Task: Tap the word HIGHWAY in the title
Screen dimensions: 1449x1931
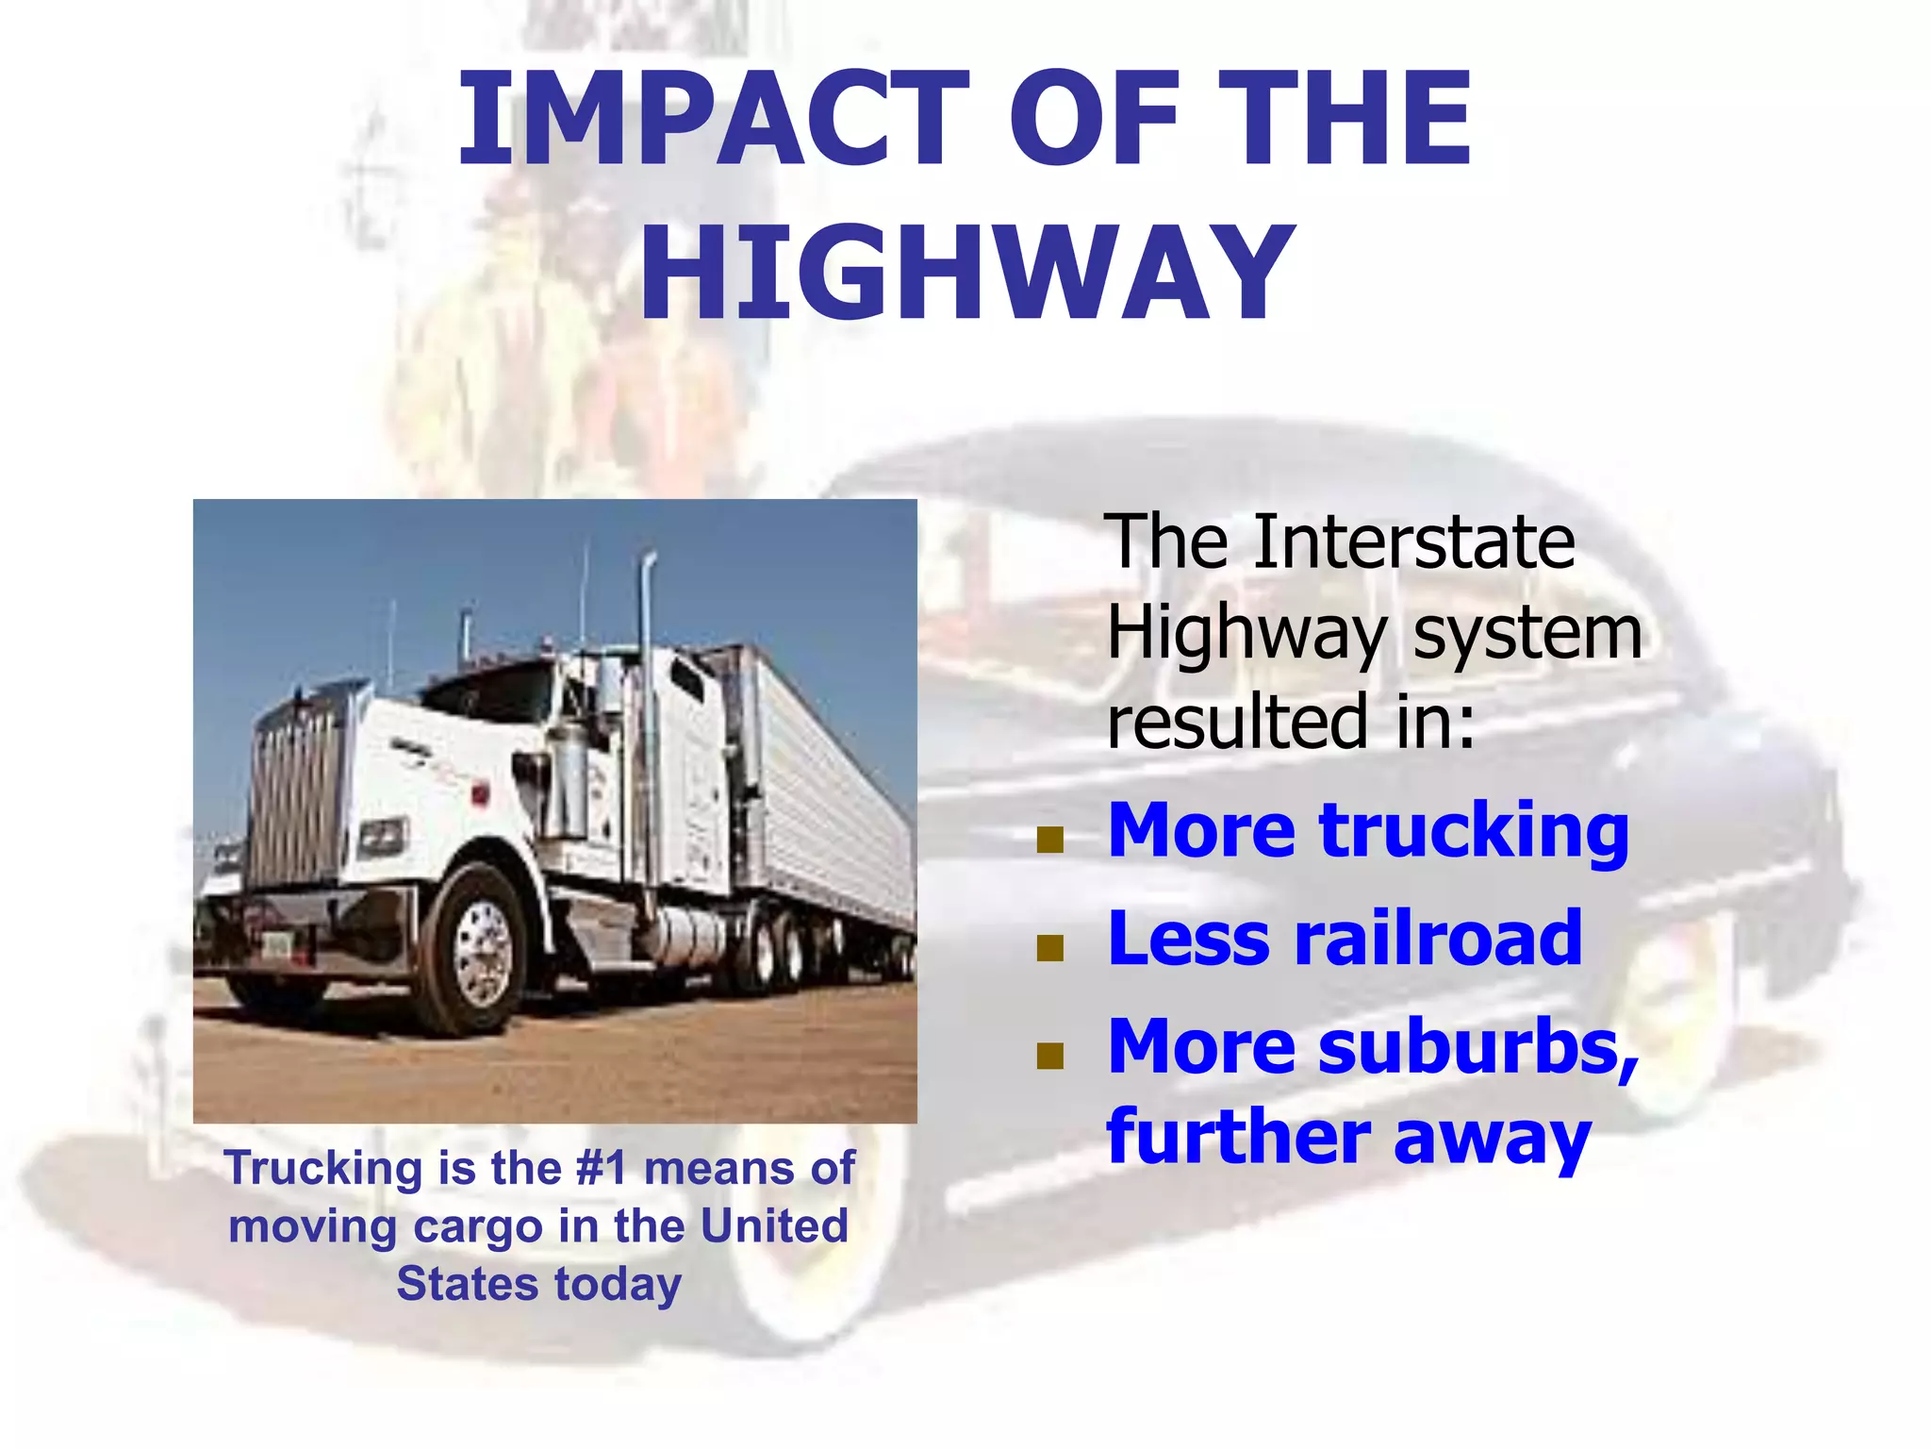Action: point(965,275)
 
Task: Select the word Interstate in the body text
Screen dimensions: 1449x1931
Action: point(1413,541)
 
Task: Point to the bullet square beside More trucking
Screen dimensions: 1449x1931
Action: point(1049,839)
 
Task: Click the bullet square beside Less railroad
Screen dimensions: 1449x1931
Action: point(1049,947)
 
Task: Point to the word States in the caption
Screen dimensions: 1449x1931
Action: point(467,1284)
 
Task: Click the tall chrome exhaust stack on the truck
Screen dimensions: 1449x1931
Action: point(646,717)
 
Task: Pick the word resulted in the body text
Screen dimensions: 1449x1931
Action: point(1236,722)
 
